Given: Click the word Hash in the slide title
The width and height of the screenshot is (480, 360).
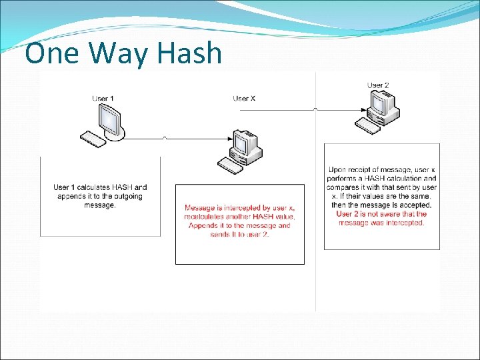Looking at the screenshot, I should point(191,53).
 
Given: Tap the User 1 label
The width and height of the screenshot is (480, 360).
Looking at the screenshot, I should point(103,99).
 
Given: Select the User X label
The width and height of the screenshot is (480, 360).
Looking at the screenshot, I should point(244,99).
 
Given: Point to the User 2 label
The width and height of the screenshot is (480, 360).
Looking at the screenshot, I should point(378,85).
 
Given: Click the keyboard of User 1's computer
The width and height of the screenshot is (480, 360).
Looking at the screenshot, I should point(93,139).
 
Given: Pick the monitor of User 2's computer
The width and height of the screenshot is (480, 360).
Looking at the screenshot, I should point(383,103).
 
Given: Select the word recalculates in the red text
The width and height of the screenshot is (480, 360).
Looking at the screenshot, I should point(205,217).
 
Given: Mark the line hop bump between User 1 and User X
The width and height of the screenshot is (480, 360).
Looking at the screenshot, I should point(165,138).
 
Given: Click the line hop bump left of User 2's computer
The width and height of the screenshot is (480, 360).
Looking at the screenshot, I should point(315,109).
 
